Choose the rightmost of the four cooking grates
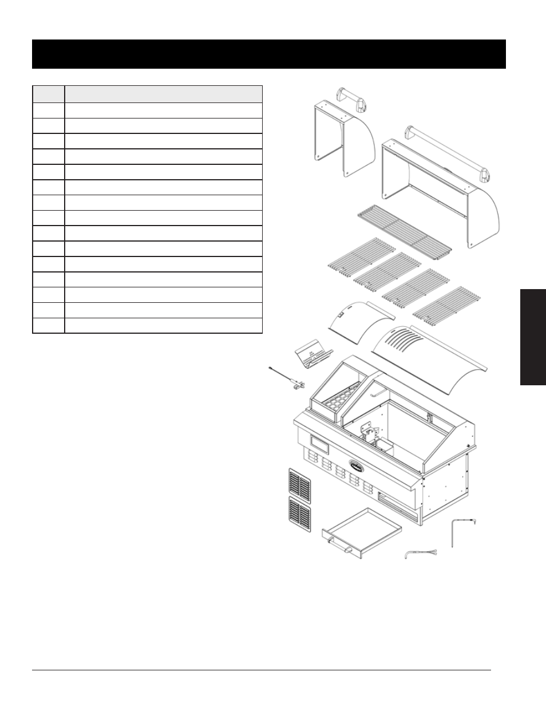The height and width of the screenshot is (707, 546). (448, 304)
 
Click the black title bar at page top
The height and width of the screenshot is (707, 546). (269, 54)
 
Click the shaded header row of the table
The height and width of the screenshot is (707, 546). (147, 94)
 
